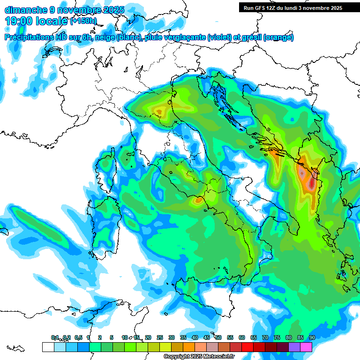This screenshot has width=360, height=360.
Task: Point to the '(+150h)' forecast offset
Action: coord(83,21)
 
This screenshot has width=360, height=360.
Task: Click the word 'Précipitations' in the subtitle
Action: coord(32,37)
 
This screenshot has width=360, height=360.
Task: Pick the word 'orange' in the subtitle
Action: coord(278,37)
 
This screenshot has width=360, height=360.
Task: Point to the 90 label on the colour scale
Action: coord(312,337)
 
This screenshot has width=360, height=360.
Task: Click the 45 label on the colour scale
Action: coord(206,337)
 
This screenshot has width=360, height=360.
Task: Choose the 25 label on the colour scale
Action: coord(160,337)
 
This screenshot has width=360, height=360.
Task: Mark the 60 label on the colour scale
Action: coord(242,337)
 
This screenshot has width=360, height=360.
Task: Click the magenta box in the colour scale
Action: coord(306,347)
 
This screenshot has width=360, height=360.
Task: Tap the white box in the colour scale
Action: coord(48,347)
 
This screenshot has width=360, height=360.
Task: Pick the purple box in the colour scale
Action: coord(294,347)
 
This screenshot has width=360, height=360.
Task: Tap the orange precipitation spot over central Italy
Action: coord(199,201)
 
